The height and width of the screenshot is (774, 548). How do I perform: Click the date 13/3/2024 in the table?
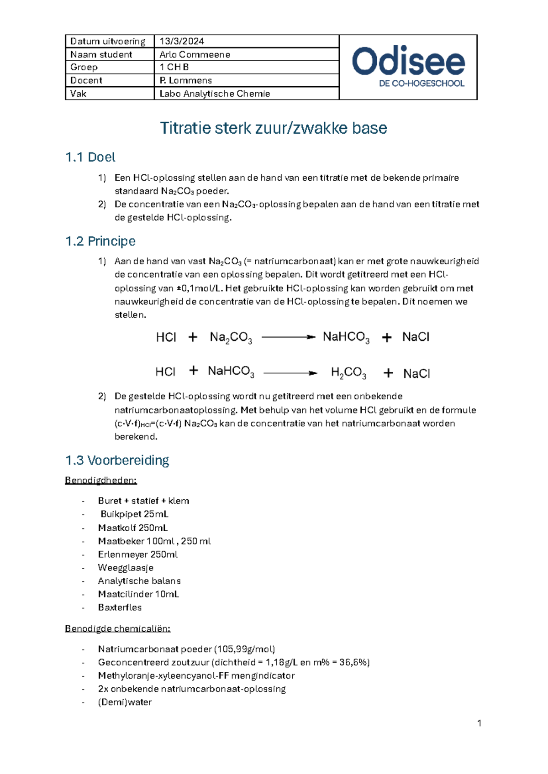(182, 41)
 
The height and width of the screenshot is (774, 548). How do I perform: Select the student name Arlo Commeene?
(195, 54)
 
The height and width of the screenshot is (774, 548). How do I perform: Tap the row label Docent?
(86, 80)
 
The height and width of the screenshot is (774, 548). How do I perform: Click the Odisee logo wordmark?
(408, 62)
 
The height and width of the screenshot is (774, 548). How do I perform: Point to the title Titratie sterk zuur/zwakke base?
(274, 128)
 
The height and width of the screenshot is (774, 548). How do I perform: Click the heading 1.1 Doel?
(90, 157)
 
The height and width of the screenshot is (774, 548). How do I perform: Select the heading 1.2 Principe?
(100, 241)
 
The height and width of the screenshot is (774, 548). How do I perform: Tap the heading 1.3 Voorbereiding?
(117, 460)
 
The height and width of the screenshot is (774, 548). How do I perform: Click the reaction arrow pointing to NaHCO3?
(288, 337)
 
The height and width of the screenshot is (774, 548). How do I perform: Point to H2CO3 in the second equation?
(348, 373)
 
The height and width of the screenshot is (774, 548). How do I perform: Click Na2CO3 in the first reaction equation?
(231, 338)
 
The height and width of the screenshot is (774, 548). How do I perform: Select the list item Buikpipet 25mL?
(134, 514)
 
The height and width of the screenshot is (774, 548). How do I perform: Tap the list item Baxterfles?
(120, 607)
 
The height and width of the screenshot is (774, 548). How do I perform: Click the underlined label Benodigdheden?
(101, 480)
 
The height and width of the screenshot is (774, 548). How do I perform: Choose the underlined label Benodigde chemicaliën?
(117, 628)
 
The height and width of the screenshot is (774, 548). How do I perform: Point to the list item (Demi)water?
(125, 702)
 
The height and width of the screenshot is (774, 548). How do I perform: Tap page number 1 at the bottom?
(479, 723)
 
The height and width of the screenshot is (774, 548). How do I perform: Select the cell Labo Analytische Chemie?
(215, 94)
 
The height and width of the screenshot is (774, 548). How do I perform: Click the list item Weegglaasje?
(126, 568)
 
